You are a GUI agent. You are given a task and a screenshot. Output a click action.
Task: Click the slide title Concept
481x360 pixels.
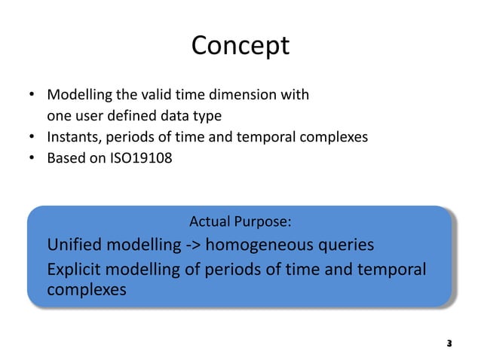tap(240, 45)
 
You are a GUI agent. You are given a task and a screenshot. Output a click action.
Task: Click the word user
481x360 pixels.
tap(87, 116)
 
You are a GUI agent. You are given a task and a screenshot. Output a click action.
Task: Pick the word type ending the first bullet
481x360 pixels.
tap(207, 116)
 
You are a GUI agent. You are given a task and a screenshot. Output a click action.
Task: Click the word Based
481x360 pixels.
tap(65, 158)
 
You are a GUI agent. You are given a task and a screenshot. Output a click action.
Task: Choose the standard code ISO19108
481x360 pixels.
tap(135, 158)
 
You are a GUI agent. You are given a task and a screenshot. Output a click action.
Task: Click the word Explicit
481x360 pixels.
tap(76, 270)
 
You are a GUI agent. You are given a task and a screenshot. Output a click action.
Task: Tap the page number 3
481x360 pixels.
tap(449, 343)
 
